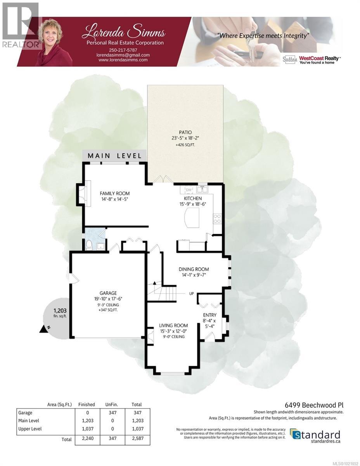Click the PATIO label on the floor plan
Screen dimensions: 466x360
pos(185,132)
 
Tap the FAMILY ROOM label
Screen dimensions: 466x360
pos(114,193)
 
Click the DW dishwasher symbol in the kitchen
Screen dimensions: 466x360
pos(189,190)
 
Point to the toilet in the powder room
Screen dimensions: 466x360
pos(89,245)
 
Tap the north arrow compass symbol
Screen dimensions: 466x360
pos(43,329)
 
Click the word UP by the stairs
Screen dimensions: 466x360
pos(191,294)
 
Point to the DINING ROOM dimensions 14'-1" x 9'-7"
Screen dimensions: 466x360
pos(194,275)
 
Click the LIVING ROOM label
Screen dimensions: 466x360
pos(173,325)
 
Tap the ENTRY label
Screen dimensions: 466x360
pos(209,315)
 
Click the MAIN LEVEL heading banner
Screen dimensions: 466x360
pos(114,156)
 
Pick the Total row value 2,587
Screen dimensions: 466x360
pos(137,440)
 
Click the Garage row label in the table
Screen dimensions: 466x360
pos(26,413)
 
